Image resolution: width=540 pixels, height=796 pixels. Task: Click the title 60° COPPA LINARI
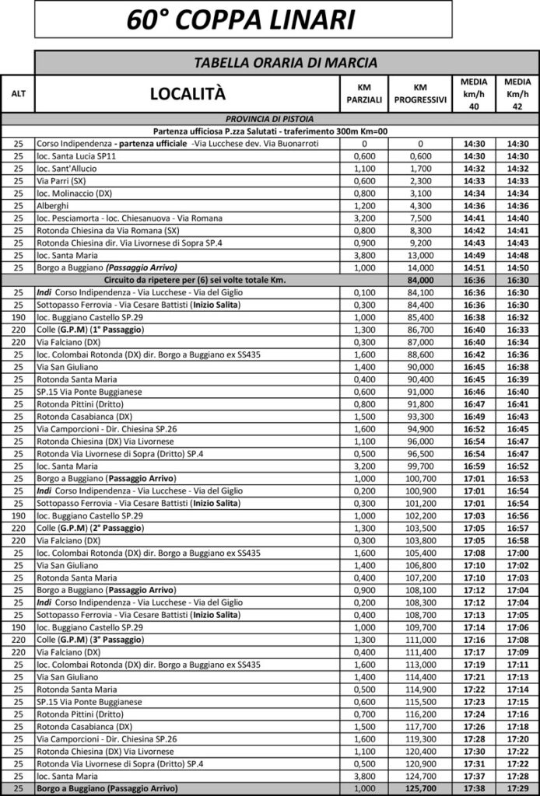click(241, 19)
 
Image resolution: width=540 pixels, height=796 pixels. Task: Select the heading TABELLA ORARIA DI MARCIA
click(286, 62)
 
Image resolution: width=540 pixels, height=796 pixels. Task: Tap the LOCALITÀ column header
click(188, 94)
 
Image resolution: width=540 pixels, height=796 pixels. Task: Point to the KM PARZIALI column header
click(363, 93)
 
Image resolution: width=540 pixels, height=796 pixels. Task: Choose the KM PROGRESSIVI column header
click(420, 93)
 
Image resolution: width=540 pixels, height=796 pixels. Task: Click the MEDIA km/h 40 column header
click(474, 93)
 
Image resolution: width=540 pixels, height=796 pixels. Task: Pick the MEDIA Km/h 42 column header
click(517, 93)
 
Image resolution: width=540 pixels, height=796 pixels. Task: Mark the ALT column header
click(18, 94)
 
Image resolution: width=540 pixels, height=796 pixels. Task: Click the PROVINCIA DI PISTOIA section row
click(269, 119)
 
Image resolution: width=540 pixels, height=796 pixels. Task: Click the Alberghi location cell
click(55, 206)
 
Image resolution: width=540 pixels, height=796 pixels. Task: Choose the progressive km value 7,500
click(420, 218)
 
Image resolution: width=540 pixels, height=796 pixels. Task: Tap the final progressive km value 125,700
click(420, 788)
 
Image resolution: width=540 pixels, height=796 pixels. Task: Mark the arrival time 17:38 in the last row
click(474, 788)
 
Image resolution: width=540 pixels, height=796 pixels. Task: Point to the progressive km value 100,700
click(420, 478)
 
